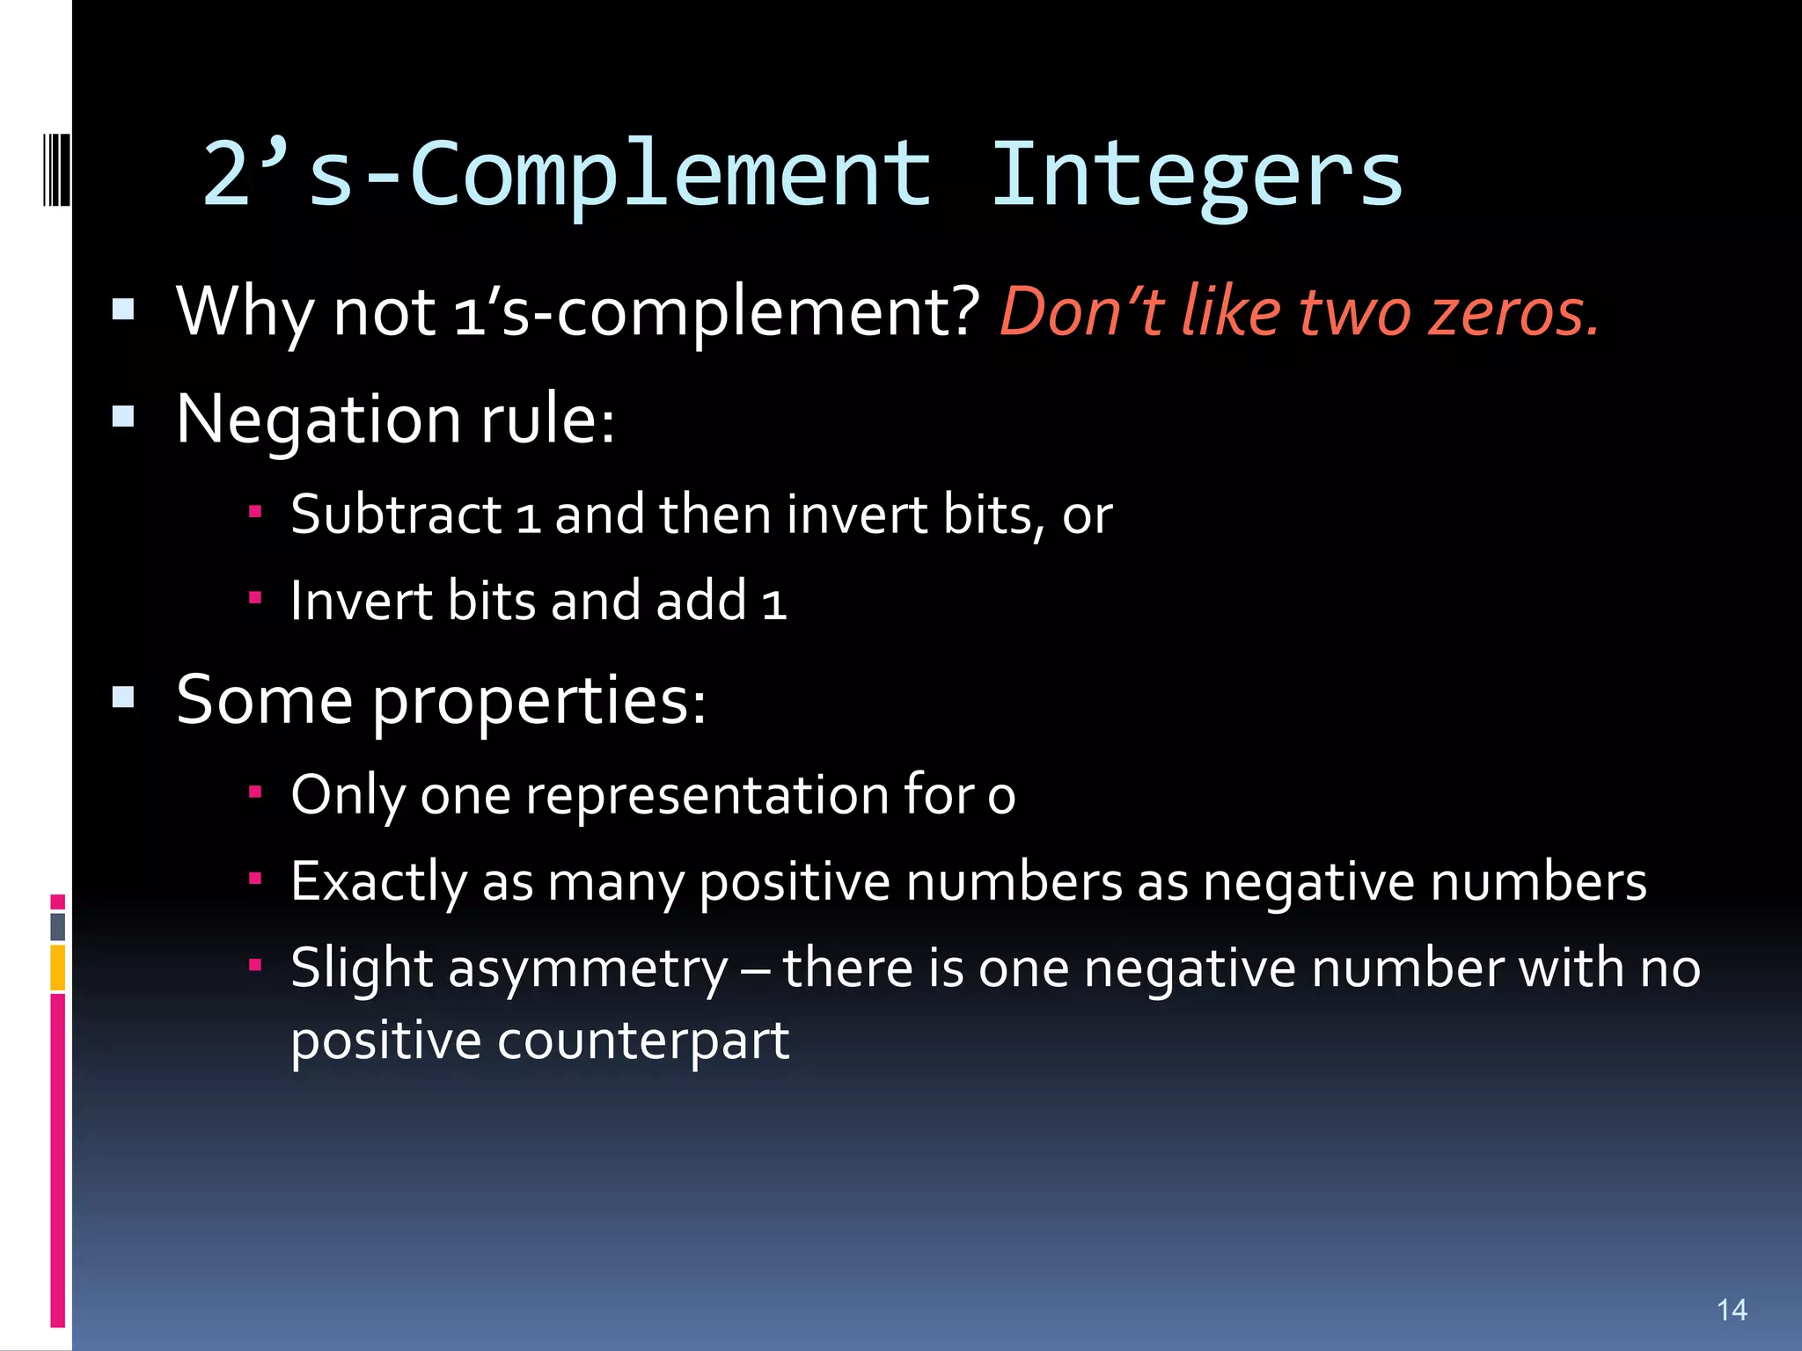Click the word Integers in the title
pyautogui.click(x=1197, y=176)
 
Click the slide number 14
pyautogui.click(x=1732, y=1310)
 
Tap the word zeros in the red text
pyautogui.click(x=1513, y=312)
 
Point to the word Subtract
pyautogui.click(x=396, y=515)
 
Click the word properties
pyautogui.click(x=537, y=702)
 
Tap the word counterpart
pyautogui.click(x=642, y=1041)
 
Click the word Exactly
pyautogui.click(x=378, y=882)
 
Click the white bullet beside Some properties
pyautogui.click(x=123, y=698)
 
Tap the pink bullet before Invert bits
pyautogui.click(x=255, y=598)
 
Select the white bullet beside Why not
pyautogui.click(x=123, y=309)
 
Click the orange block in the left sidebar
pyautogui.click(x=58, y=968)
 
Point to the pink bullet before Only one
pyautogui.click(x=255, y=792)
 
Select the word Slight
pyautogui.click(x=362, y=969)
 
